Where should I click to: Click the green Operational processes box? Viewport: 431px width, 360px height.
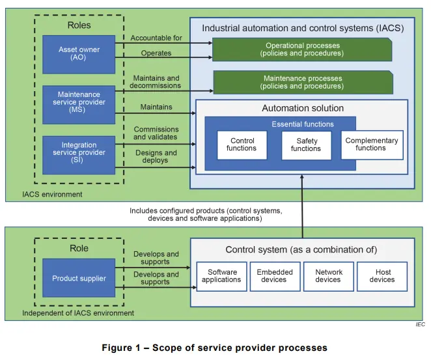click(x=302, y=49)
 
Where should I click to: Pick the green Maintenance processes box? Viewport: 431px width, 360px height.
click(x=302, y=83)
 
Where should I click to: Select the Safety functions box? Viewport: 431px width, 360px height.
click(x=305, y=145)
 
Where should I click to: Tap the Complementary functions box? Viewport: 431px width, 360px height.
click(x=371, y=145)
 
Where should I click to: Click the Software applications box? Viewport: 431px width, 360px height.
click(x=222, y=276)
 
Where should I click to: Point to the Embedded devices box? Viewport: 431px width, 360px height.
click(x=275, y=276)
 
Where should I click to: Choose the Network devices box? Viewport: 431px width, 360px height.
click(x=328, y=276)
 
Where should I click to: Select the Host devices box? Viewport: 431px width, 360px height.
click(x=382, y=276)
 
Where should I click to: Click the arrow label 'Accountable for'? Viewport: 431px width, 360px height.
click(x=156, y=38)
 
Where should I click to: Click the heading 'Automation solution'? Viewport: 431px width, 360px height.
click(x=303, y=108)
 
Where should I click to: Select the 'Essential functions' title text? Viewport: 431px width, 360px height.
click(x=302, y=124)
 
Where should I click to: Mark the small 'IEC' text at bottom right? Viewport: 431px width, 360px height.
click(x=419, y=324)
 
